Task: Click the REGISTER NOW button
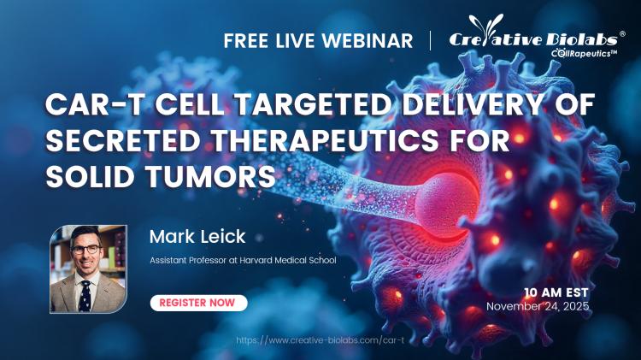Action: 198,303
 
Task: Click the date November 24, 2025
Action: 538,305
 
